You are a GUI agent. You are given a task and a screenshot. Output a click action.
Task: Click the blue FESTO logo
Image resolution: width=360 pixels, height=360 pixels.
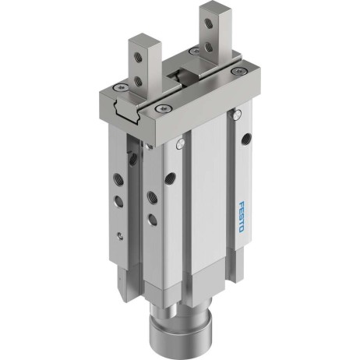pos(241,217)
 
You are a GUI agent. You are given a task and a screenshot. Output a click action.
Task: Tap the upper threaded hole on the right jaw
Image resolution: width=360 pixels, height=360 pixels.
pos(208,23)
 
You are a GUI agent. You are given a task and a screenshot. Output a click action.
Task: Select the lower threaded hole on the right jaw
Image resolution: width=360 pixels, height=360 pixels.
pos(208,47)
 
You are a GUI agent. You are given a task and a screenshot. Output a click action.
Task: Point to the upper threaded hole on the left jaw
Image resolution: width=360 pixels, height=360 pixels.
pos(137,58)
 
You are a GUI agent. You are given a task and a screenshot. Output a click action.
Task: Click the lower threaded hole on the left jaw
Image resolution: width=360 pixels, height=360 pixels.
pos(139,81)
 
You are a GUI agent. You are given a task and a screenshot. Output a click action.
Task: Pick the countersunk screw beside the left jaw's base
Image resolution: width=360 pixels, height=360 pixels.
pos(120,88)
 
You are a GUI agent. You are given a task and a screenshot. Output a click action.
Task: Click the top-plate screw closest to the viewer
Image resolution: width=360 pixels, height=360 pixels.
pos(161,108)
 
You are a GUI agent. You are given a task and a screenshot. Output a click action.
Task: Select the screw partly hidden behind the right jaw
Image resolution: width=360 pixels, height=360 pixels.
pos(194,51)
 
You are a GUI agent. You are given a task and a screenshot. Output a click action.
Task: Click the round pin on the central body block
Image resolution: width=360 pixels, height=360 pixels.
pos(180,143)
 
